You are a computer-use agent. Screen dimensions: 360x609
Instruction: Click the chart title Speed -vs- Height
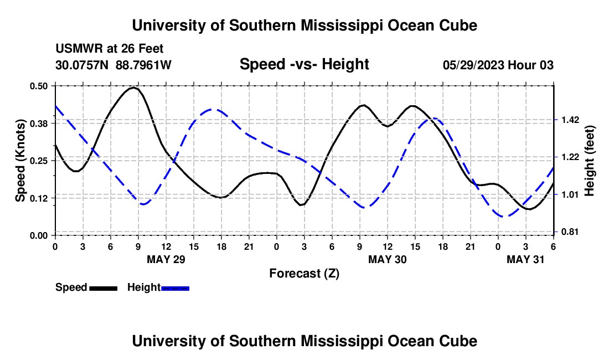tap(304, 65)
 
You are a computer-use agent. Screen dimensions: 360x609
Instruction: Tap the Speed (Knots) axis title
tap(20, 161)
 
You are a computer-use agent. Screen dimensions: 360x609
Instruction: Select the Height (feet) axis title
tap(589, 161)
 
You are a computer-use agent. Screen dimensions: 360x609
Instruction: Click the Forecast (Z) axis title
tap(304, 273)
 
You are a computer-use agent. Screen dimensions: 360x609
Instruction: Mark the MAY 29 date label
tap(166, 259)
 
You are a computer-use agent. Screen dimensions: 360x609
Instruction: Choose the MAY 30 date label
tap(387, 259)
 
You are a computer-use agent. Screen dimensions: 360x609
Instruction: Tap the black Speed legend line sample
tap(103, 288)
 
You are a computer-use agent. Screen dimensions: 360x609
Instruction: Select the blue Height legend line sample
tap(175, 288)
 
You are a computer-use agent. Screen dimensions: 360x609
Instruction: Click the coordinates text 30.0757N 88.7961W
tap(113, 65)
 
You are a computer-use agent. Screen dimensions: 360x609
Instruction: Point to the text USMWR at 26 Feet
tap(109, 49)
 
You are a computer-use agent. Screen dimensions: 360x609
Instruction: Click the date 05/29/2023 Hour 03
tap(498, 65)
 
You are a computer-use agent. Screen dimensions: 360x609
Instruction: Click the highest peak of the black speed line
tap(134, 88)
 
